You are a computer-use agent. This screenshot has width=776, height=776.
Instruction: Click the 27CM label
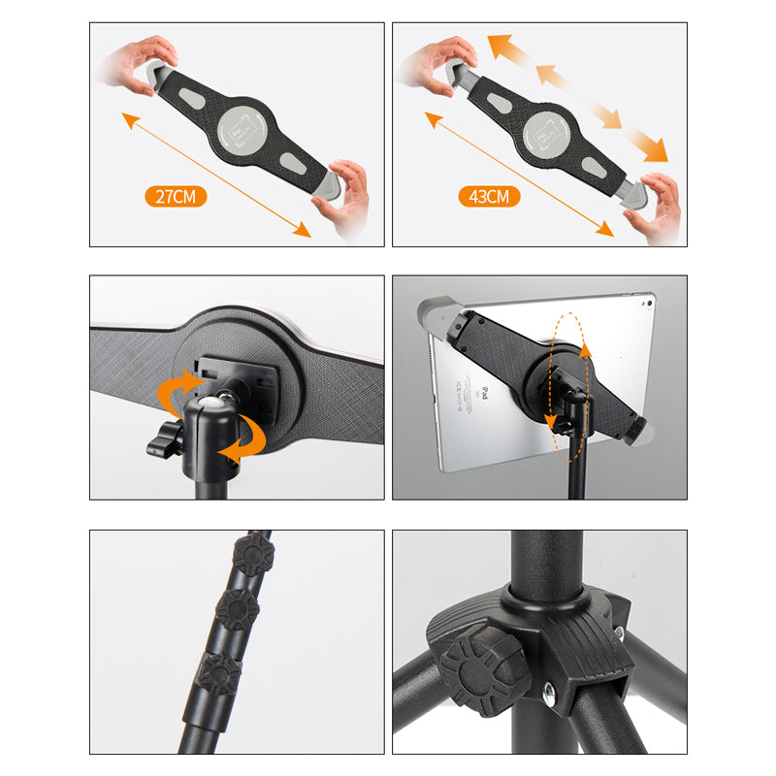(176, 196)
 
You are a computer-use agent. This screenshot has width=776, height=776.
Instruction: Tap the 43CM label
(489, 196)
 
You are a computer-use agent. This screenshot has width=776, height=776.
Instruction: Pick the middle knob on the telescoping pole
(236, 609)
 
